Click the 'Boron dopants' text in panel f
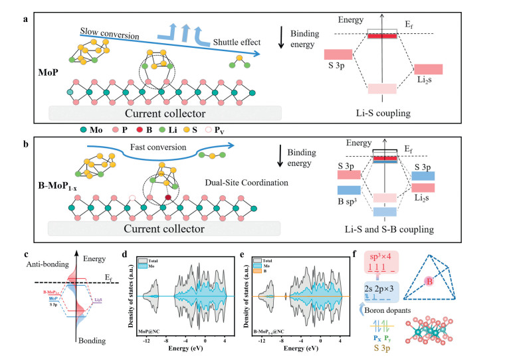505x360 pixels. pos(410,308)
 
